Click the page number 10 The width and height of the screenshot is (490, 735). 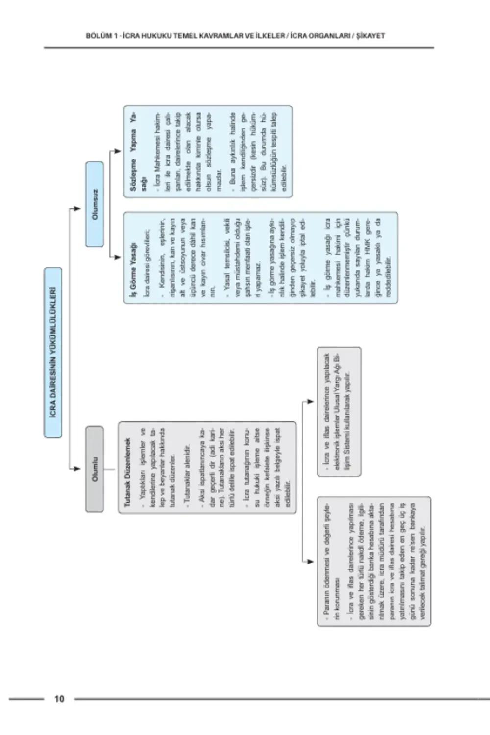coord(59,699)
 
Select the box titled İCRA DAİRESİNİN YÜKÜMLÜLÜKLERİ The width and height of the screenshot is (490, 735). coord(53,352)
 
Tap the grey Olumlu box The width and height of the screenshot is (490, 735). coord(95,469)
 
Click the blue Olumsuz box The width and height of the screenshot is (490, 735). coord(95,204)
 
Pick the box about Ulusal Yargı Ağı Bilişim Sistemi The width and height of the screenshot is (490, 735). coord(339,412)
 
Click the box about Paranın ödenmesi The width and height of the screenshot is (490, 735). coord(374,562)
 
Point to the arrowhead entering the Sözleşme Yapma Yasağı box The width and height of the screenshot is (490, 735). coord(118,151)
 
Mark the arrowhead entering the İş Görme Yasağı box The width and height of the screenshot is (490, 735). coord(118,257)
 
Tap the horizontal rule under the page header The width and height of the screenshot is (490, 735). coord(239,48)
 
